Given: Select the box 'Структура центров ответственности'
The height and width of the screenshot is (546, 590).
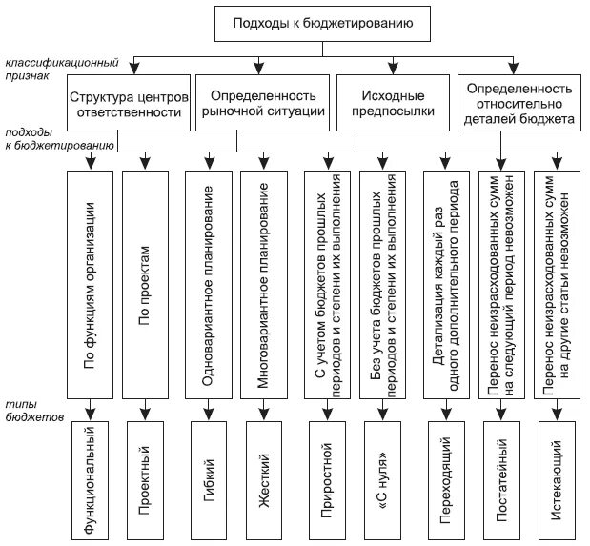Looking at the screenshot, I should click(x=125, y=104).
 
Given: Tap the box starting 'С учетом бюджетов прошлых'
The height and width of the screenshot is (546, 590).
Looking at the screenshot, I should click(x=327, y=284).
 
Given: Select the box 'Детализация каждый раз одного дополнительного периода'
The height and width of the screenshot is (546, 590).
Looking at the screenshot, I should click(x=444, y=284).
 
